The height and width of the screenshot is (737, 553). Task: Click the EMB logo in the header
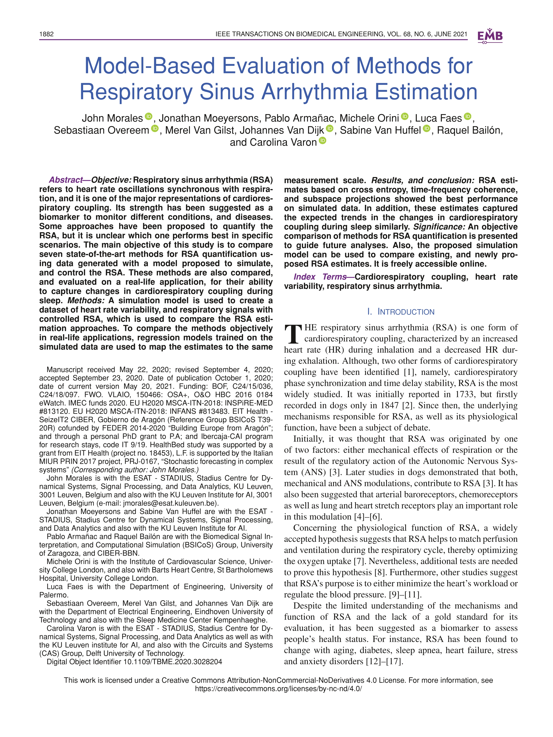[490, 36]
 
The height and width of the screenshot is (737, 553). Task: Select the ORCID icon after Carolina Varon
[322, 141]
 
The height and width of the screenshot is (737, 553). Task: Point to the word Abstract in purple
[65, 180]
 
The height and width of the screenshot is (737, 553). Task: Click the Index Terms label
[320, 277]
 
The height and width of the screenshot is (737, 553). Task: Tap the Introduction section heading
[401, 312]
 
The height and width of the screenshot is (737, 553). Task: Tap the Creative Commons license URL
[278, 689]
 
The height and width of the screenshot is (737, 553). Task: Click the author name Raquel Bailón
[469, 130]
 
